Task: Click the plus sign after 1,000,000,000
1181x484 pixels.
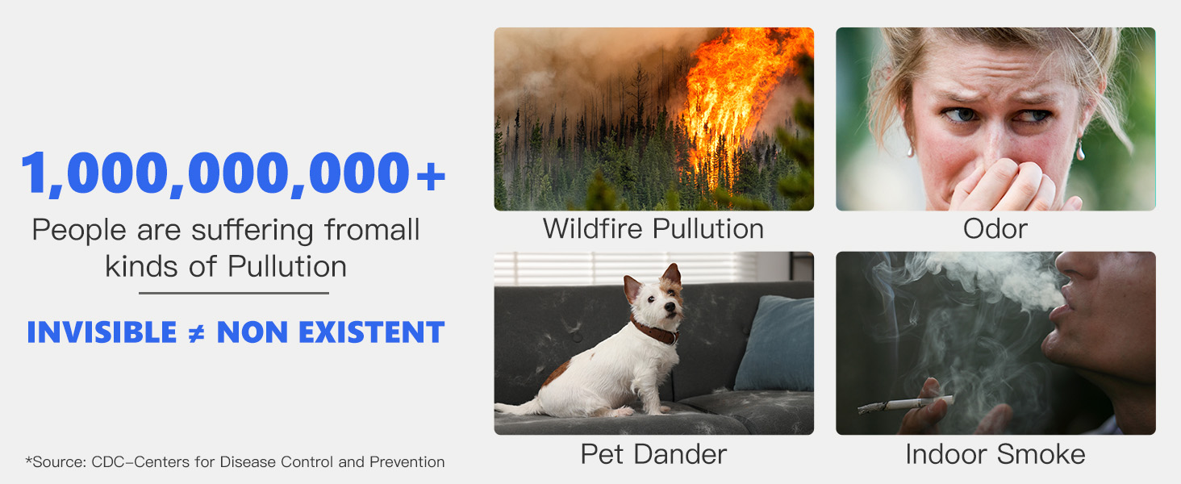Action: click(x=431, y=176)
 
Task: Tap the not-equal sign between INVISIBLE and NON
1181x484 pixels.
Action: click(x=196, y=333)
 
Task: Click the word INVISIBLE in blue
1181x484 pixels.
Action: click(x=102, y=332)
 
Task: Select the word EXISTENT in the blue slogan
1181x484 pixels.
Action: click(x=371, y=332)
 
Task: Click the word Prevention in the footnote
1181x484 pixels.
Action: click(x=407, y=462)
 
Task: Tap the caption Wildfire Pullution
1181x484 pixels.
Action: click(x=653, y=229)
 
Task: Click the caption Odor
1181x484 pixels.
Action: click(x=995, y=229)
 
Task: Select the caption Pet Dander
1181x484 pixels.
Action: click(x=653, y=454)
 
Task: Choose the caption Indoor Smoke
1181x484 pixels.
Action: click(x=995, y=454)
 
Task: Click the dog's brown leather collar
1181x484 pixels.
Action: click(x=655, y=331)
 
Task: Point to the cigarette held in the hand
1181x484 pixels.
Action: click(x=904, y=404)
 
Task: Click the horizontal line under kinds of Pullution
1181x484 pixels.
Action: click(x=234, y=293)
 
